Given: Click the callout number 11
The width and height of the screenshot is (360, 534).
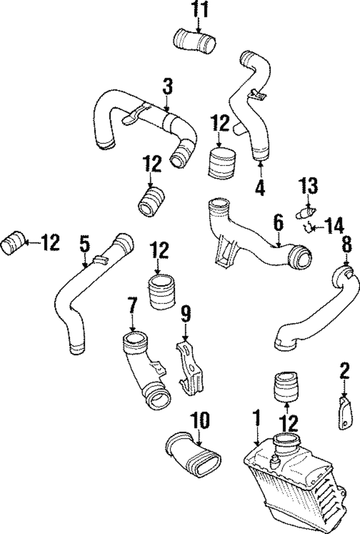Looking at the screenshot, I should (198, 10).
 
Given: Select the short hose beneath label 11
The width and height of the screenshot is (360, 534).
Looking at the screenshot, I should (193, 42).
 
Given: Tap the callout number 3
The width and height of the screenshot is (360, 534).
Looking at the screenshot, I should (167, 87).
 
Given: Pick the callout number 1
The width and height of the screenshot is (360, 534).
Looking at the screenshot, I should (256, 418).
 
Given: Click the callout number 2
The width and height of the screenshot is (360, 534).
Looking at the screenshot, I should (344, 372).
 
